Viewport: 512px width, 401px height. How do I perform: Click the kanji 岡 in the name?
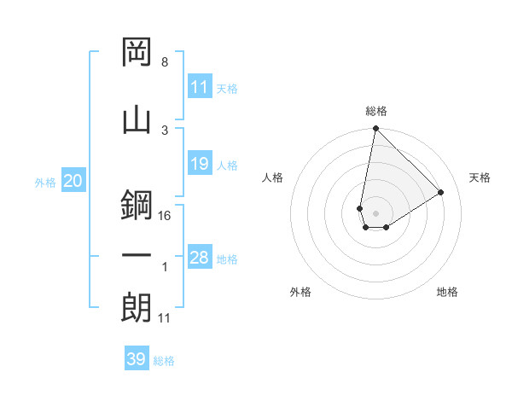click(x=137, y=53)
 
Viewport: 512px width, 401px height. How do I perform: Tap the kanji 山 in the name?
click(x=137, y=119)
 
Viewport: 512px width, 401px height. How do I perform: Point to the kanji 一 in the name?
click(x=137, y=255)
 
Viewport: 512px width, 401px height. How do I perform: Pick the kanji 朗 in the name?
click(x=137, y=308)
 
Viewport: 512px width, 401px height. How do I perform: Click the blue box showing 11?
click(x=200, y=87)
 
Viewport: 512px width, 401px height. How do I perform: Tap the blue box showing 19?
click(x=200, y=164)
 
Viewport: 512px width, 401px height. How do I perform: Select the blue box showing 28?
click(x=200, y=258)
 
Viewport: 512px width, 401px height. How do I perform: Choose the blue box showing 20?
click(x=73, y=181)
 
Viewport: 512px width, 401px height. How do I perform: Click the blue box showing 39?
click(x=137, y=359)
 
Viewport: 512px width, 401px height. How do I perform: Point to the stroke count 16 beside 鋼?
click(x=165, y=216)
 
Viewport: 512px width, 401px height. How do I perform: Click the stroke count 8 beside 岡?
click(x=164, y=62)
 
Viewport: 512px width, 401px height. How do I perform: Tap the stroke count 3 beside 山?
click(x=164, y=130)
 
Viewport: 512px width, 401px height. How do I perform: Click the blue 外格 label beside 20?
click(x=44, y=182)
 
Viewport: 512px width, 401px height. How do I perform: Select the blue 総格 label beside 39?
click(x=164, y=361)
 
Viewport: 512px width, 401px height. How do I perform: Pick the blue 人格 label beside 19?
click(x=227, y=166)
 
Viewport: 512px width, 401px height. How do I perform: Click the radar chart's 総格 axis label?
click(x=375, y=111)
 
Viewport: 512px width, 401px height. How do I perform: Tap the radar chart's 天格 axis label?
click(x=480, y=177)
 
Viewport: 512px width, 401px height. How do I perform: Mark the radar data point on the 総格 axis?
click(x=375, y=129)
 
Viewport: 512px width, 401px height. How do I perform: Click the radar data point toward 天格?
click(x=440, y=193)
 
